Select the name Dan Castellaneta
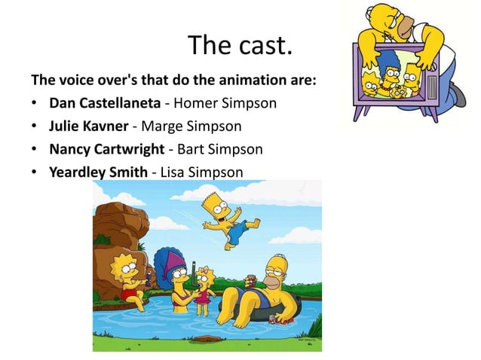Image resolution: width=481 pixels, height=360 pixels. click(98, 102)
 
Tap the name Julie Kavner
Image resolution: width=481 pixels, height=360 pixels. click(84, 125)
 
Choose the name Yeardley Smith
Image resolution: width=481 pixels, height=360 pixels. click(98, 172)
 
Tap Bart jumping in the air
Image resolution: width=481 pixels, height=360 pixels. click(227, 218)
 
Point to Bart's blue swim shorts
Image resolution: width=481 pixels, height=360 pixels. click(234, 231)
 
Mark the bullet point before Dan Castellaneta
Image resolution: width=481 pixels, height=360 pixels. click(35, 102)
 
